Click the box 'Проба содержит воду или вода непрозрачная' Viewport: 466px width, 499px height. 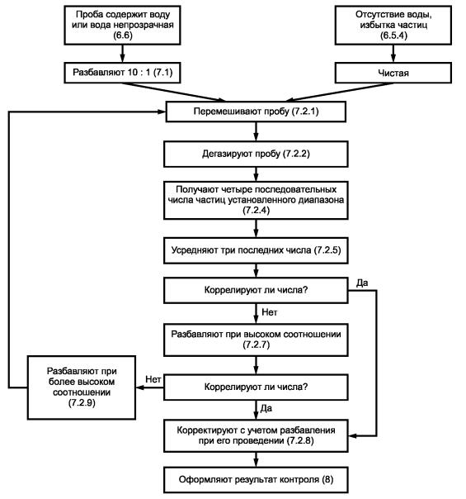(x=122, y=25)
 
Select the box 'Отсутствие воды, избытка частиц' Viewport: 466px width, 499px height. (x=393, y=25)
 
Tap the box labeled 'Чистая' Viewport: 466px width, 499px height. (x=393, y=73)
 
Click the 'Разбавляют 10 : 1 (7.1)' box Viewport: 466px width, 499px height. (x=122, y=73)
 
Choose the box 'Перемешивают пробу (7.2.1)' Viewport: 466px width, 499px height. (x=256, y=112)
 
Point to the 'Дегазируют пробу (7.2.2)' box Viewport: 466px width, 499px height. (x=256, y=154)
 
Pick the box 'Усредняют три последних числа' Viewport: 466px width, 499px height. (x=256, y=250)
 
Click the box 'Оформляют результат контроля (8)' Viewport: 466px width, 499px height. (x=256, y=480)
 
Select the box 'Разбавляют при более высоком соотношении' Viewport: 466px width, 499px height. (x=82, y=387)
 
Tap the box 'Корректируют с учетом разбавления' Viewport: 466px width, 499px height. (x=256, y=435)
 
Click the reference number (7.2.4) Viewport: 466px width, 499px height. (x=256, y=211)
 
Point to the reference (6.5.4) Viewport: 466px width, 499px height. (x=393, y=36)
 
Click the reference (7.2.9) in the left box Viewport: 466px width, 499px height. (x=82, y=403)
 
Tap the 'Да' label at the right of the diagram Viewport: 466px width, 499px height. (x=362, y=283)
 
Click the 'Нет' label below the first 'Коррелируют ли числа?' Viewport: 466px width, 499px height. (x=270, y=312)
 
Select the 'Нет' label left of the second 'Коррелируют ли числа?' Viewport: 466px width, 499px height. (x=153, y=379)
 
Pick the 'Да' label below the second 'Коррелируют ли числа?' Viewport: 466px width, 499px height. (x=266, y=408)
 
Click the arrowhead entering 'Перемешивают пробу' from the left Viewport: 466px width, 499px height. (x=162, y=112)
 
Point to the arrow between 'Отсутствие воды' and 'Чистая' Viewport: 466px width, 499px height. (x=393, y=54)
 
